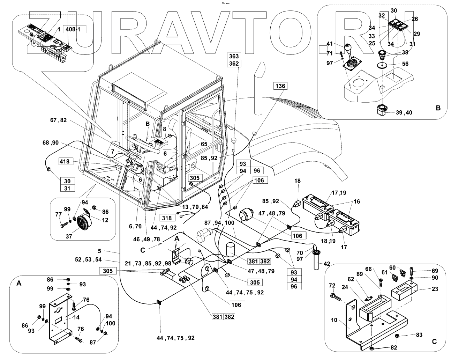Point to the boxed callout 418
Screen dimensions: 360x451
65,161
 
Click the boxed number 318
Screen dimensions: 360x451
166,218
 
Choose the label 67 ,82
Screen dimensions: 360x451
58,120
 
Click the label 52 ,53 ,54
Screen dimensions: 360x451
88,260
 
